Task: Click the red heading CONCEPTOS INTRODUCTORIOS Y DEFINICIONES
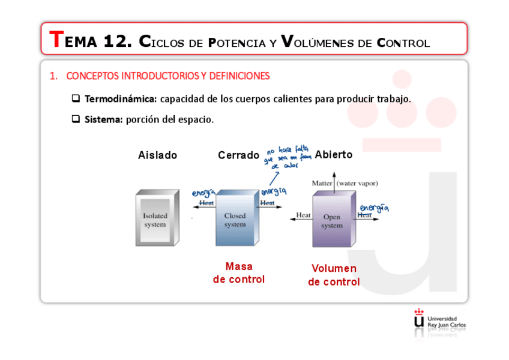pos(167,76)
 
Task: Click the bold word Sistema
pos(103,119)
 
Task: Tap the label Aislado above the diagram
pos(158,155)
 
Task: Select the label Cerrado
pos(238,155)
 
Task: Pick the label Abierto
pos(333,155)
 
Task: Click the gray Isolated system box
pos(156,219)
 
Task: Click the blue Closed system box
pos(236,219)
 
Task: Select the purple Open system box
pos(333,221)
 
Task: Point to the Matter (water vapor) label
pos(345,183)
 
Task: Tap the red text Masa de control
pos(238,273)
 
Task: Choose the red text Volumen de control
pos(334,275)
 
